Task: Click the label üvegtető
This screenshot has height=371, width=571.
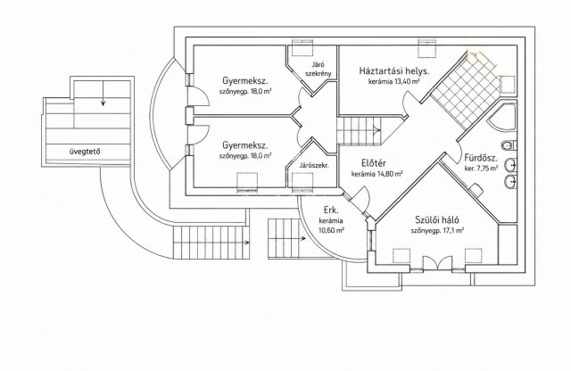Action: click(85, 152)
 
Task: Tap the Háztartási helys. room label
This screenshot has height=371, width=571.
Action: click(394, 70)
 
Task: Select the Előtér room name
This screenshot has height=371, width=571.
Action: click(374, 163)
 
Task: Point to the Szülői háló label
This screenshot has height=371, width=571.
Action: click(437, 220)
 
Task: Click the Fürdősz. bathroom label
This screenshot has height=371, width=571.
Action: click(481, 159)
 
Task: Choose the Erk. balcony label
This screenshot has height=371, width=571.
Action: click(331, 210)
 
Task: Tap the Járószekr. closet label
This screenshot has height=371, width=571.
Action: click(314, 165)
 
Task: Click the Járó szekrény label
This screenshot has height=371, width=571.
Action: click(319, 70)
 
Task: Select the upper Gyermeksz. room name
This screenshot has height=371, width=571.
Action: click(245, 80)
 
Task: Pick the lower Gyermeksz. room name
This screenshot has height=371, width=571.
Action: click(245, 145)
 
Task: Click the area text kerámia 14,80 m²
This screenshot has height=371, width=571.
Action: click(377, 174)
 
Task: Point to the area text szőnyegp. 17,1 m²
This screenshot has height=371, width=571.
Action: click(437, 230)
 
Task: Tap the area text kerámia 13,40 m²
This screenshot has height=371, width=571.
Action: click(394, 81)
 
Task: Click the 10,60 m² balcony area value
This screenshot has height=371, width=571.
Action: click(331, 230)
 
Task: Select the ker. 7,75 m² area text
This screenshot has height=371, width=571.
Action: click(481, 169)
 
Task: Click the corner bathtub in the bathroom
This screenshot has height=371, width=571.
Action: click(503, 117)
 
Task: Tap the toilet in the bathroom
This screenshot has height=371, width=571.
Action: click(508, 146)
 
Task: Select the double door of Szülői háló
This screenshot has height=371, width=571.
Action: click(437, 263)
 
